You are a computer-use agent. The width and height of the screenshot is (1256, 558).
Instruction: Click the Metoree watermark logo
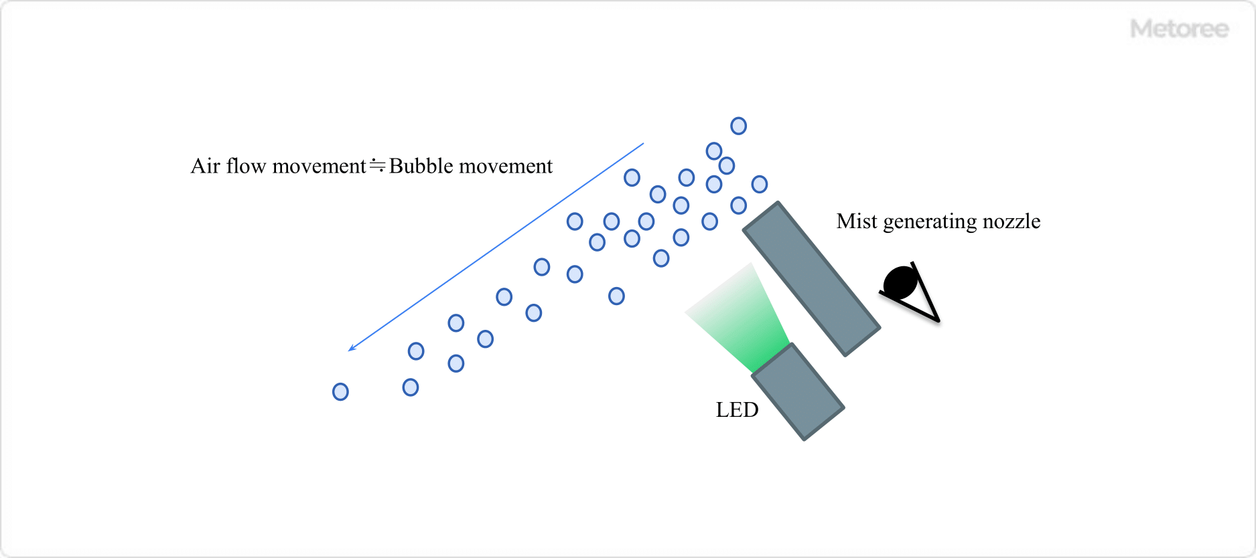click(1179, 29)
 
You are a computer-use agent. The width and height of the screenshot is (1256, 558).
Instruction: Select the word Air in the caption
click(205, 166)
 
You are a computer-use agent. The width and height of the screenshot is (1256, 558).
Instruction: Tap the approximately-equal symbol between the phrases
click(378, 165)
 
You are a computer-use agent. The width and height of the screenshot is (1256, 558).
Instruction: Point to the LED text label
click(737, 409)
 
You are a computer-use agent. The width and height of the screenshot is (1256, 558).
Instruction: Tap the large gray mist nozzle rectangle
click(811, 278)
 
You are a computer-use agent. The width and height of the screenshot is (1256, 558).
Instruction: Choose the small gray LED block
click(798, 391)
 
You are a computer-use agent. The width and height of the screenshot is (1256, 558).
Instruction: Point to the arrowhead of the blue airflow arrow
click(350, 349)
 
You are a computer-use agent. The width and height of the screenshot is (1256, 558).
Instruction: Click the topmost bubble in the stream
click(738, 126)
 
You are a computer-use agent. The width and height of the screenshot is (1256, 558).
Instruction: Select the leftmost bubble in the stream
click(340, 391)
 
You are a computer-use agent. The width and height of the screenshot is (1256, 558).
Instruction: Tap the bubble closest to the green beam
click(661, 258)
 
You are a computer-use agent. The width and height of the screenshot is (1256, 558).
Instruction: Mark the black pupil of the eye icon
click(900, 282)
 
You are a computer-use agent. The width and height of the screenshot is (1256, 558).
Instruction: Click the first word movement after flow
click(316, 166)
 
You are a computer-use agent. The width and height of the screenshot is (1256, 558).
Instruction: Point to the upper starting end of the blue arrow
click(643, 143)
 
